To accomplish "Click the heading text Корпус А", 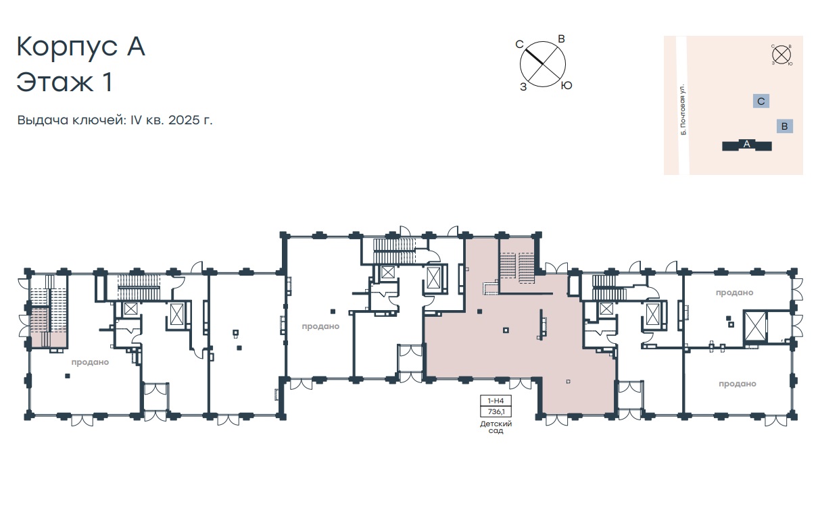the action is (x=81, y=47).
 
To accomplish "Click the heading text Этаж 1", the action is (x=64, y=82).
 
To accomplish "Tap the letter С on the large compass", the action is (x=519, y=44).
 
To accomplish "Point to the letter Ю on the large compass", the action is (x=567, y=85).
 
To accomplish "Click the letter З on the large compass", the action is (x=523, y=87).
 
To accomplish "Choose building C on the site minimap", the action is (x=761, y=101).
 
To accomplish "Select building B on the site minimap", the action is (x=784, y=126).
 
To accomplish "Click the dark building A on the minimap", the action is (x=747, y=145).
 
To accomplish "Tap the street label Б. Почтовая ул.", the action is (x=683, y=109).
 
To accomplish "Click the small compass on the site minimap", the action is (x=781, y=55).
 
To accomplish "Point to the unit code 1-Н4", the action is (x=496, y=401).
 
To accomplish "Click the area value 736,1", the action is (x=496, y=411).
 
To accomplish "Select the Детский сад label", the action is (x=496, y=427).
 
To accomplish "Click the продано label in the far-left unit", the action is (x=90, y=362).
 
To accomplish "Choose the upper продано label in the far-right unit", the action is (x=734, y=293).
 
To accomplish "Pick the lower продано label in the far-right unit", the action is (x=738, y=384).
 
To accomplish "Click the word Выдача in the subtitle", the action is (x=43, y=120).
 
